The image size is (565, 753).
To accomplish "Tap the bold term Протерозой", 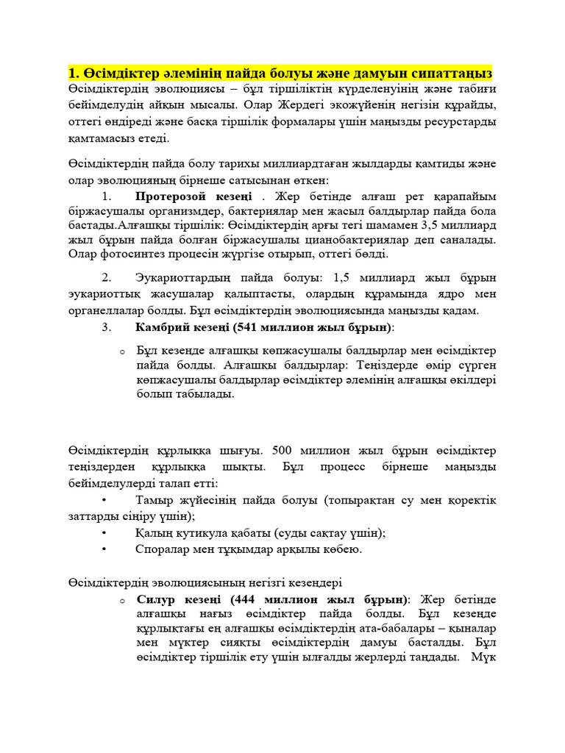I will pos(168,196).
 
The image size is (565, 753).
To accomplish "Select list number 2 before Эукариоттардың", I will pos(107,277).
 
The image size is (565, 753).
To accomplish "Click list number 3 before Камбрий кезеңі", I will pos(107,326).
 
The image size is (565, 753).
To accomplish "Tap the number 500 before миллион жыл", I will pos(285,450).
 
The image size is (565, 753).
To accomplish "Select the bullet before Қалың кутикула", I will pos(104,533).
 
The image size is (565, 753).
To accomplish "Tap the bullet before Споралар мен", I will pos(104,549).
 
